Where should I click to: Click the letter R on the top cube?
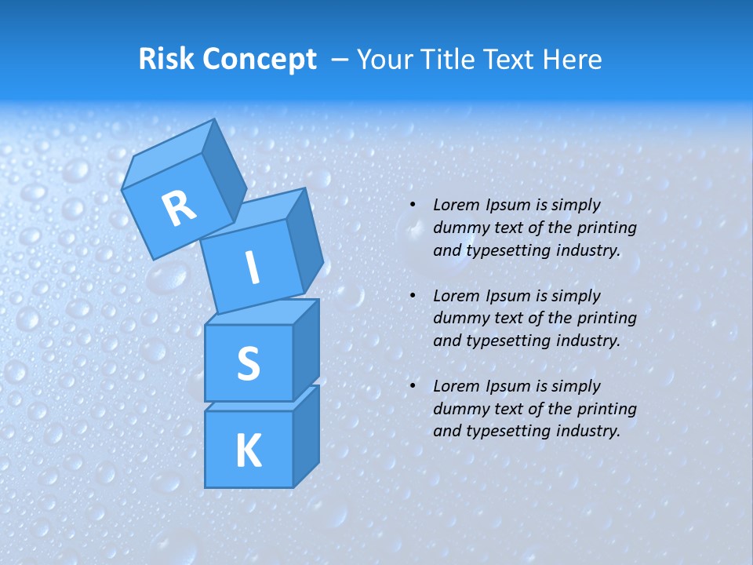pos(179,208)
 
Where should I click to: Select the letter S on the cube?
pos(248,363)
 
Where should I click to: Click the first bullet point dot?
pos(413,206)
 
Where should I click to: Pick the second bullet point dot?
pos(413,297)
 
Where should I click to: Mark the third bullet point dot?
pos(413,387)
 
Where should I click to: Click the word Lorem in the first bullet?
pos(455,206)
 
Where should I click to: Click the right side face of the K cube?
pos(306,436)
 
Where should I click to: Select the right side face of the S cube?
pos(306,349)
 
